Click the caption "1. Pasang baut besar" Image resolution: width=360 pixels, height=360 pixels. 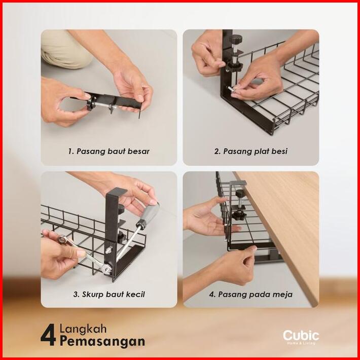point(109,151)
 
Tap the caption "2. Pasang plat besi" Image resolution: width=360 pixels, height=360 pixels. point(250,151)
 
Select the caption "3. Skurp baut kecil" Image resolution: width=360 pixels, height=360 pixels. point(109,294)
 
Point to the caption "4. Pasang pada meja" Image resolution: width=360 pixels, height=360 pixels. point(250,294)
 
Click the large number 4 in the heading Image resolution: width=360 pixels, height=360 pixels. point(48,335)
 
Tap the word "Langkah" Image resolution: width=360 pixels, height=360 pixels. point(83,329)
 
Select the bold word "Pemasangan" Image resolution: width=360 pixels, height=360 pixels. point(102,341)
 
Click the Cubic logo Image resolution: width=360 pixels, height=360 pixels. point(301,336)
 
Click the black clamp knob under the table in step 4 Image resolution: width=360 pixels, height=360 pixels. point(239,215)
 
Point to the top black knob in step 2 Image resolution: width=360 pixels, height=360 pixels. point(236,39)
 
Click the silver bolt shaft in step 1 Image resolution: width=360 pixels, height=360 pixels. point(102,105)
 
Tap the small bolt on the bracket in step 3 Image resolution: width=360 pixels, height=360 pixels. point(109,249)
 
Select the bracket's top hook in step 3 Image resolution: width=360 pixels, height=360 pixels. point(117,191)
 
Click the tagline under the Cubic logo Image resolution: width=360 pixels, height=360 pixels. point(301,343)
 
